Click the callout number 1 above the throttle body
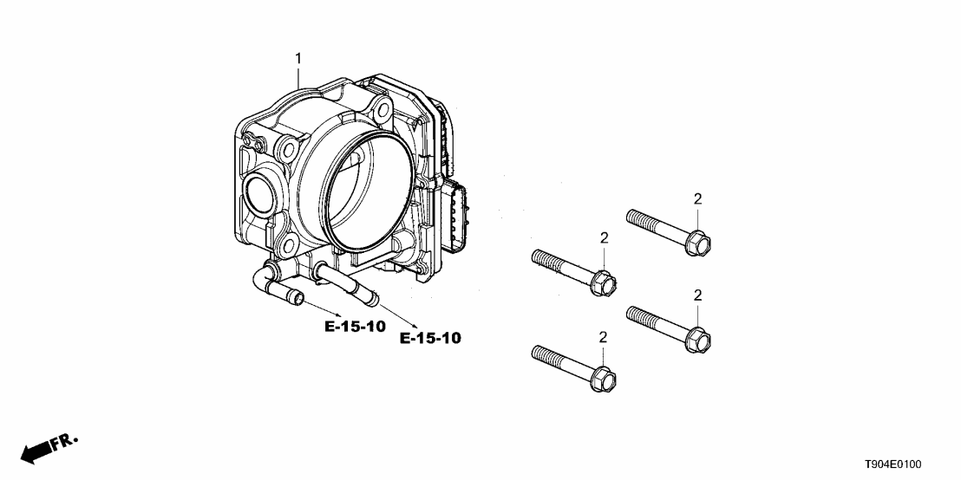[x=298, y=58]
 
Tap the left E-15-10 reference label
[x=355, y=327]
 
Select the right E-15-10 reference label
[x=430, y=338]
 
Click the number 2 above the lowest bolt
[x=604, y=336]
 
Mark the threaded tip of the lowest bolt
[x=535, y=351]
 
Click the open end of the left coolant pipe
[x=298, y=300]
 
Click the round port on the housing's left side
[x=261, y=191]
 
